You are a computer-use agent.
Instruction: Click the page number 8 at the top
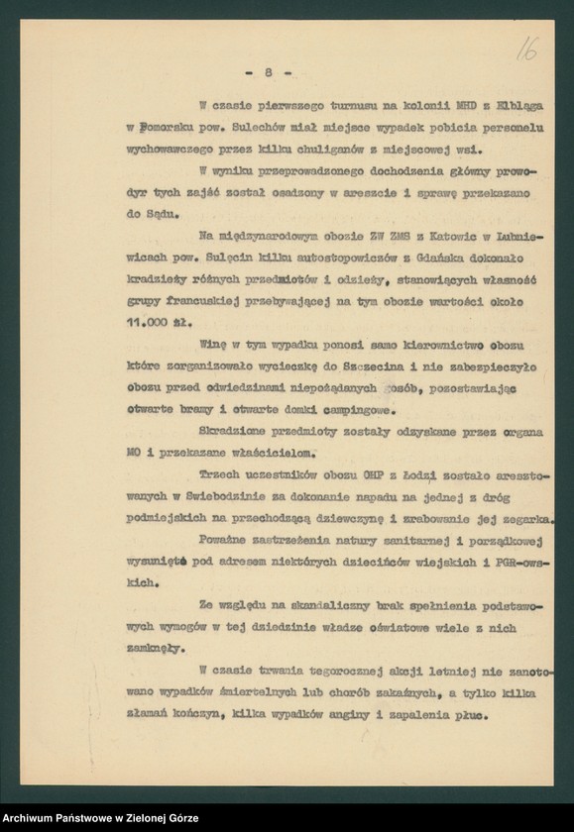click(x=269, y=71)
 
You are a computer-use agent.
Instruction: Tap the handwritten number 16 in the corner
click(x=525, y=49)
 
